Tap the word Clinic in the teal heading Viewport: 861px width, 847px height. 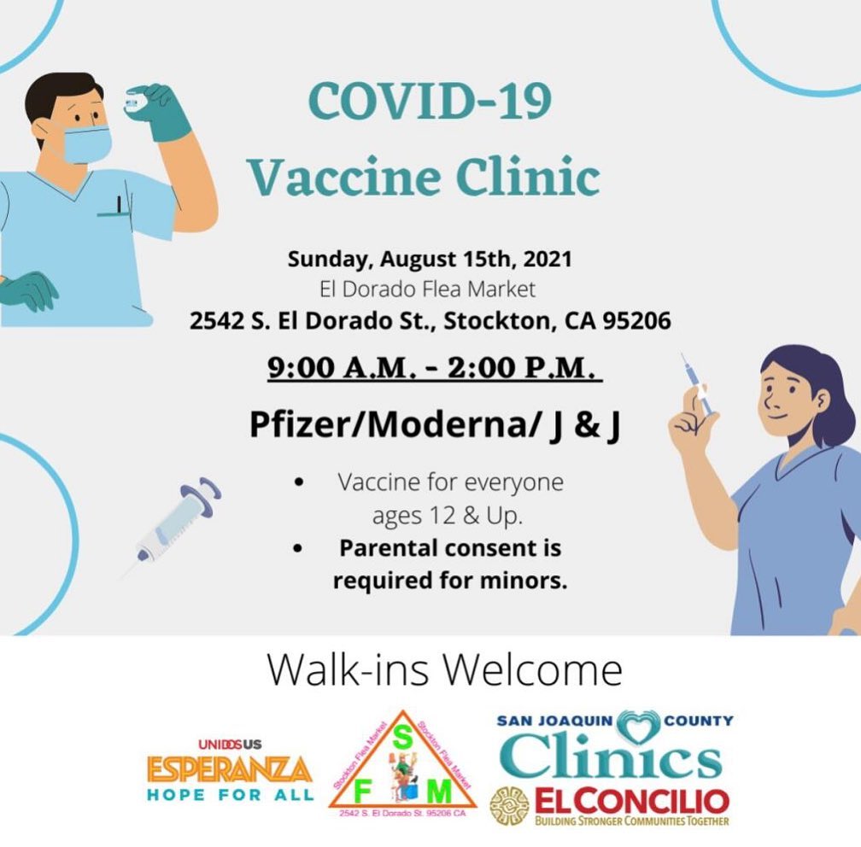pyautogui.click(x=528, y=177)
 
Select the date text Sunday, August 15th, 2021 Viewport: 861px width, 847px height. pyautogui.click(x=430, y=259)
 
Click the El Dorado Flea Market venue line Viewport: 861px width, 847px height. pyautogui.click(x=427, y=289)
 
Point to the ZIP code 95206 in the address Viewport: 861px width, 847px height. pyautogui.click(x=636, y=320)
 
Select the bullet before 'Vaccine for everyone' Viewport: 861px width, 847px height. pyautogui.click(x=299, y=482)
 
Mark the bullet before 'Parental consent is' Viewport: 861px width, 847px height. pyautogui.click(x=298, y=548)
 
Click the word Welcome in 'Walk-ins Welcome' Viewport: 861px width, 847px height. pyautogui.click(x=532, y=669)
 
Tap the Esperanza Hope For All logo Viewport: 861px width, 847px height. pyautogui.click(x=230, y=769)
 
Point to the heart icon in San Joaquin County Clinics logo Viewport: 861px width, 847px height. pyautogui.click(x=638, y=727)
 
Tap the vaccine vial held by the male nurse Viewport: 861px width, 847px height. pyautogui.click(x=134, y=102)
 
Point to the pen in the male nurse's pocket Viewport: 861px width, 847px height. pyautogui.click(x=119, y=204)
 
